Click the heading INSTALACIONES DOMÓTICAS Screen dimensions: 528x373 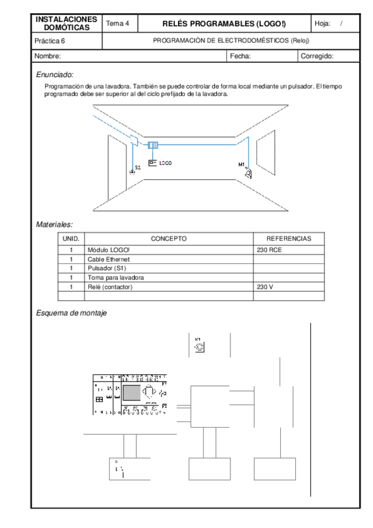pyautogui.click(x=66, y=23)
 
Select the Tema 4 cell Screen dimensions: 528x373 pyautogui.click(x=118, y=24)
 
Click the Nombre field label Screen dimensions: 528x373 pyautogui.click(x=48, y=56)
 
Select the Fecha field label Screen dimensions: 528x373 pyautogui.click(x=240, y=56)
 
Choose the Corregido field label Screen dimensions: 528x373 pyautogui.click(x=317, y=56)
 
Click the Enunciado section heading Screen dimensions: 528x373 pyautogui.click(x=55, y=74)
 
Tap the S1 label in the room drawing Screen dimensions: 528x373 pyautogui.click(x=138, y=167)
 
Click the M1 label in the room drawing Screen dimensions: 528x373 pyautogui.click(x=242, y=164)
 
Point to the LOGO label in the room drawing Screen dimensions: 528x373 pyautogui.click(x=165, y=163)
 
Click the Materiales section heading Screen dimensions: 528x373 pyautogui.click(x=55, y=224)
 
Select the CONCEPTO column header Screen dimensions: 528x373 pyautogui.click(x=168, y=238)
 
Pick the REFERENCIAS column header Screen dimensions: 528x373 pyautogui.click(x=288, y=238)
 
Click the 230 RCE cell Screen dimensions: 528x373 pyautogui.click(x=269, y=249)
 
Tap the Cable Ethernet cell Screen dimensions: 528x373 pyautogui.click(x=109, y=258)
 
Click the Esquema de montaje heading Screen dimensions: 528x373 pyautogui.click(x=72, y=313)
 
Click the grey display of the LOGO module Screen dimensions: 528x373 pyautogui.click(x=131, y=392)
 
